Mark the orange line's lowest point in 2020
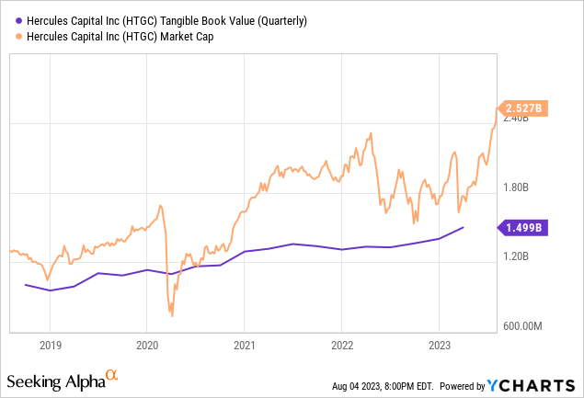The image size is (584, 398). pos(172,315)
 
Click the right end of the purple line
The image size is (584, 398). pos(464,227)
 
